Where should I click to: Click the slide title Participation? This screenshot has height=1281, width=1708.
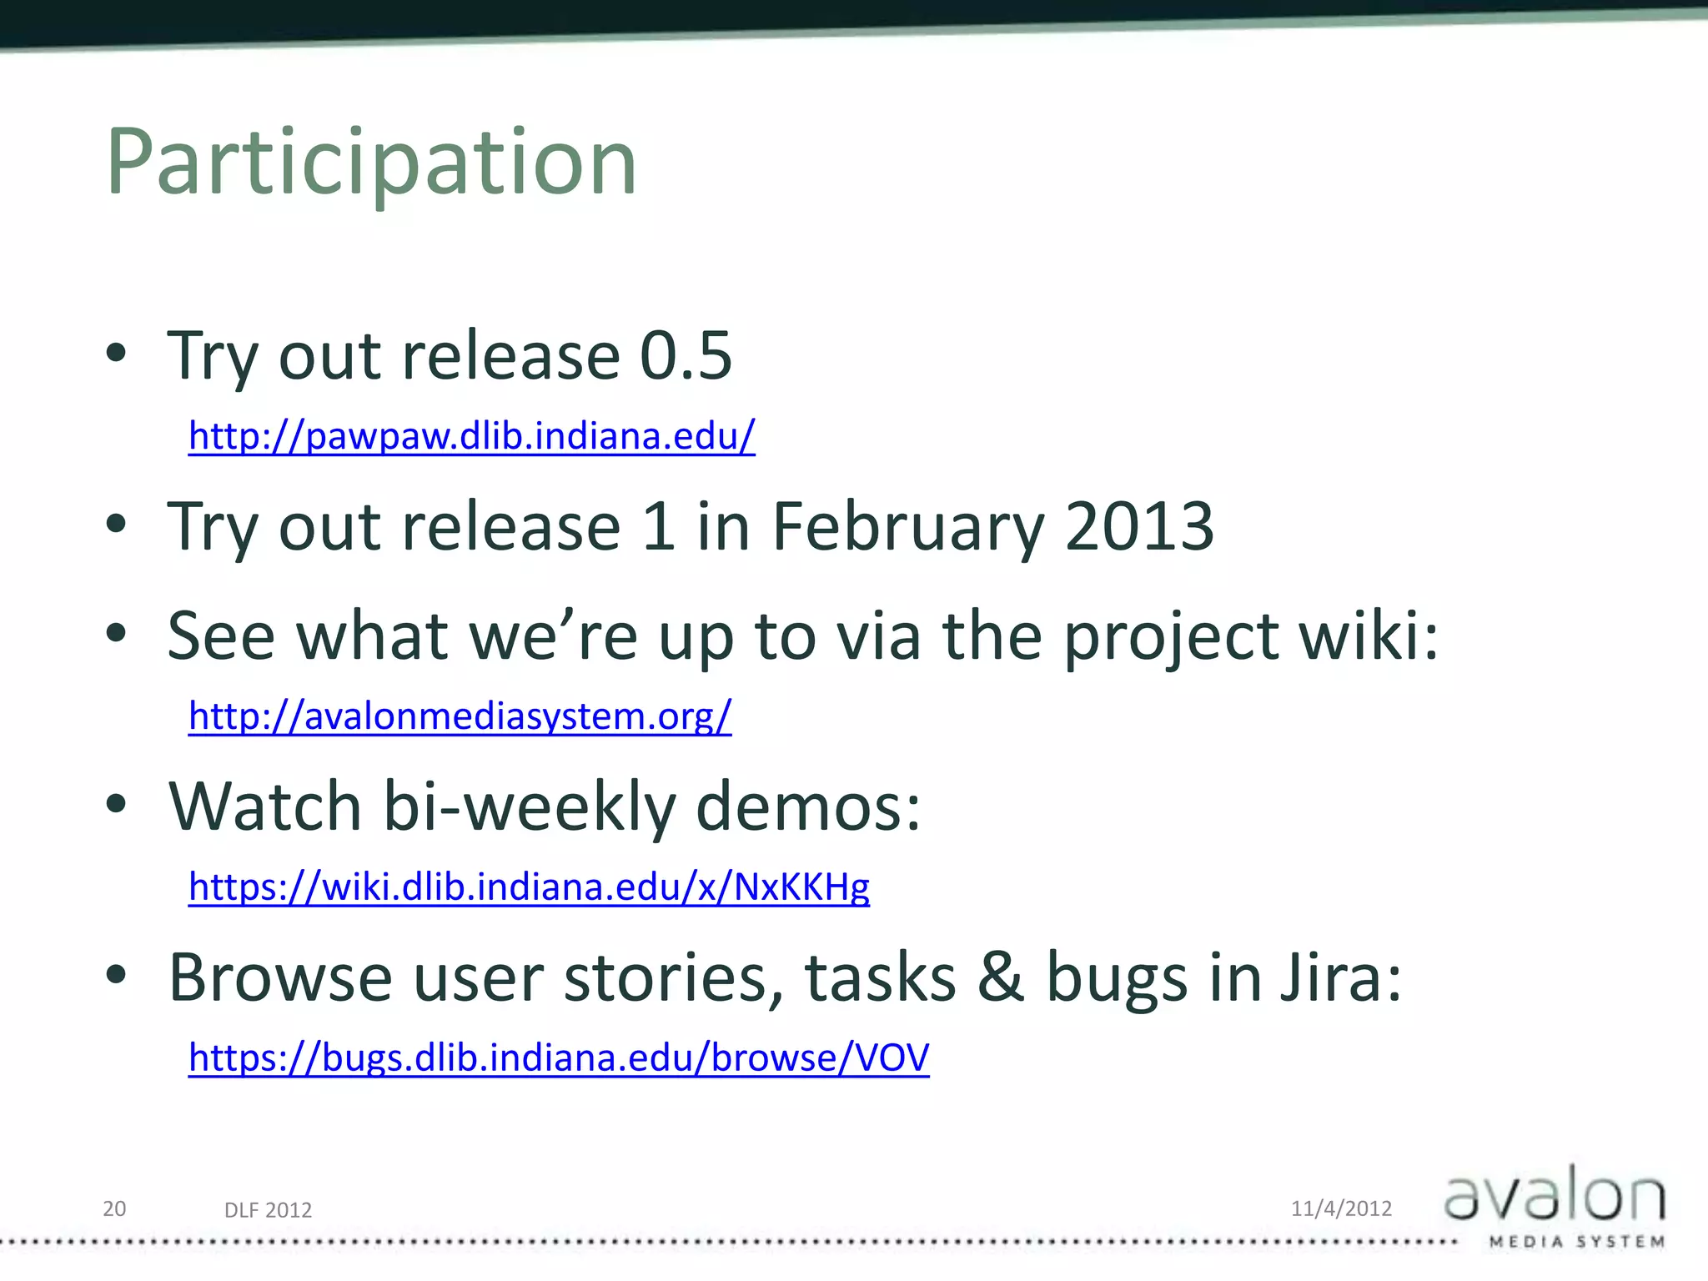tap(372, 162)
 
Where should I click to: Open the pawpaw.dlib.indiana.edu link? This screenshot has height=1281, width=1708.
tap(472, 435)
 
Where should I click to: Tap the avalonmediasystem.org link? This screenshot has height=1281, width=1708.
tap(460, 716)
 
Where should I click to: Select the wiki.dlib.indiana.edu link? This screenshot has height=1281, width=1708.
tap(529, 887)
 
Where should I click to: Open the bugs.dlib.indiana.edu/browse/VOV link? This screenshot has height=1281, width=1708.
tap(559, 1057)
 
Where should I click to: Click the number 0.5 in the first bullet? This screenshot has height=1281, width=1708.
tap(686, 356)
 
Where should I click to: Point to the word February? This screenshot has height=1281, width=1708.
tap(908, 527)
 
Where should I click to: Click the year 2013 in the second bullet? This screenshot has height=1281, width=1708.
tap(1139, 527)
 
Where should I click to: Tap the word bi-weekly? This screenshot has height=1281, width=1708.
tap(530, 807)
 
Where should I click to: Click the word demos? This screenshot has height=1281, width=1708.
tap(808, 807)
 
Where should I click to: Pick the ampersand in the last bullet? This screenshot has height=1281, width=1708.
tap(1000, 977)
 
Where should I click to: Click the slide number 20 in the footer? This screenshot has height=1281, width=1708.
tap(114, 1208)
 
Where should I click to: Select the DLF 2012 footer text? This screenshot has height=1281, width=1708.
tap(268, 1210)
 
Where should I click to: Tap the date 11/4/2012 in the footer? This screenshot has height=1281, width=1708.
tap(1341, 1208)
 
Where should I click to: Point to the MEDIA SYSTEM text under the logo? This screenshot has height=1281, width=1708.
tap(1576, 1242)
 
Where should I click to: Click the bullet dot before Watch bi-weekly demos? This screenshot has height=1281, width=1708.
tap(117, 804)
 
